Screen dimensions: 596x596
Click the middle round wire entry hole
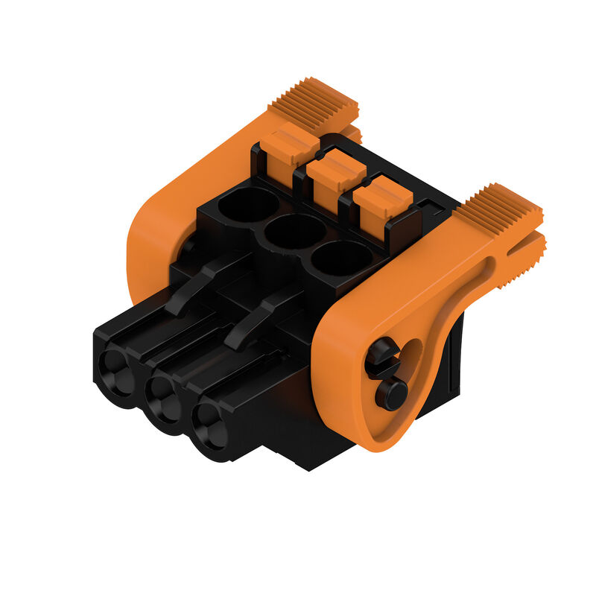(295, 232)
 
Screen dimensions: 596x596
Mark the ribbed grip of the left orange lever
(313, 101)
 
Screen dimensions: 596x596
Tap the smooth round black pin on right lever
(391, 393)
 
